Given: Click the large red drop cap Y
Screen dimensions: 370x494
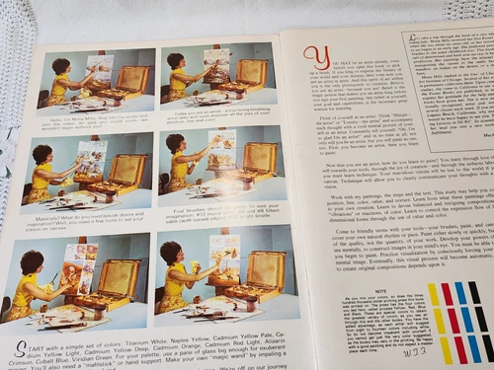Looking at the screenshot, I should pos(315,58).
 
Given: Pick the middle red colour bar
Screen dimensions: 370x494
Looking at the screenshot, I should pos(450,321).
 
